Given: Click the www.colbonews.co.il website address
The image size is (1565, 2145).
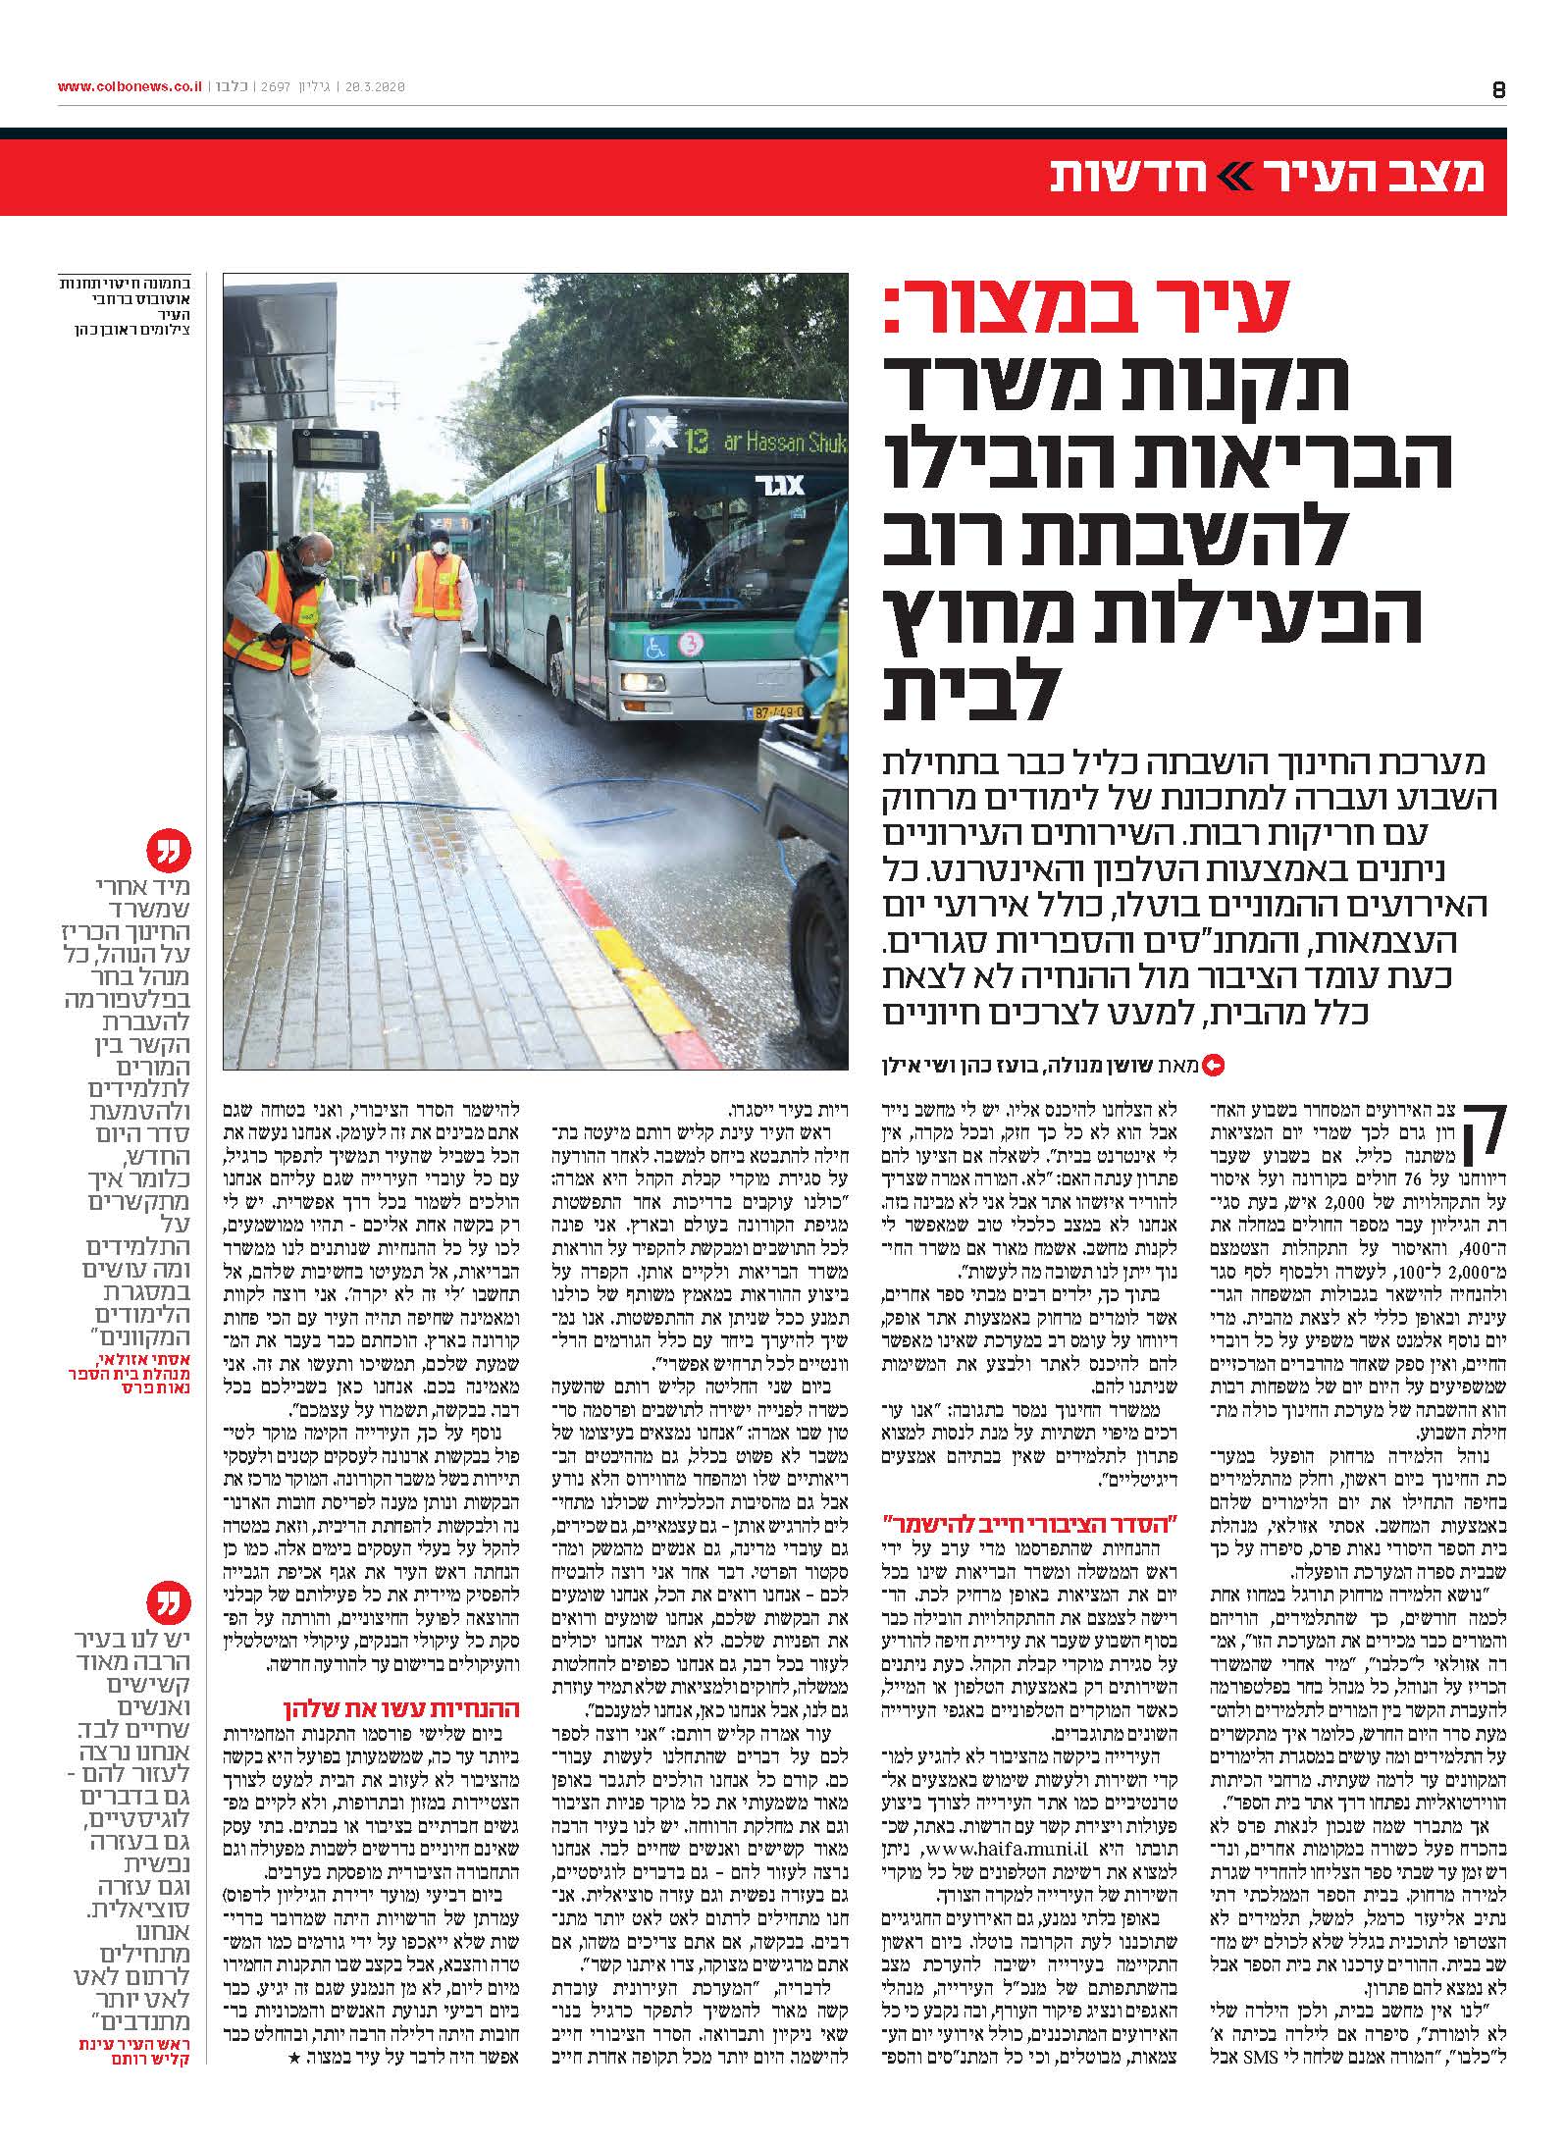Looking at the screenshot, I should coord(129,87).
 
